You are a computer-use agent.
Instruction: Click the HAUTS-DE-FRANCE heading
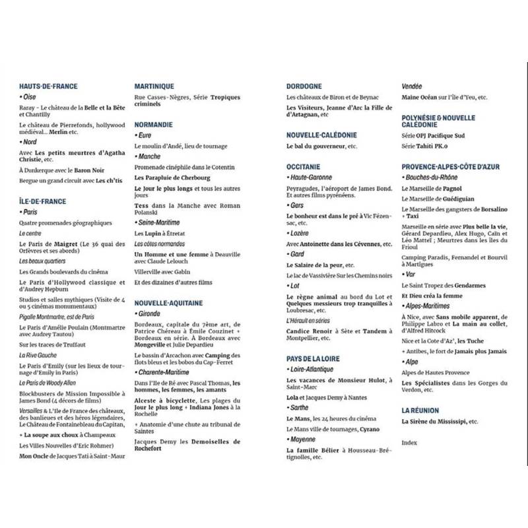tap(48, 86)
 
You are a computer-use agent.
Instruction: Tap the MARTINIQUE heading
tap(154, 86)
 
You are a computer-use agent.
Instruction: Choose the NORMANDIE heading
tap(154, 123)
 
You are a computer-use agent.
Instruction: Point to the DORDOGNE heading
tap(304, 86)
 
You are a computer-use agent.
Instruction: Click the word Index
tap(410, 441)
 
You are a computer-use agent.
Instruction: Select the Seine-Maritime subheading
tap(158, 222)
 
